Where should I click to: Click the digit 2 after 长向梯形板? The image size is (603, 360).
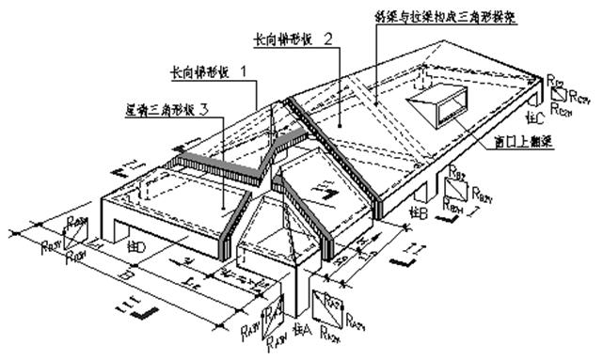coord(326,39)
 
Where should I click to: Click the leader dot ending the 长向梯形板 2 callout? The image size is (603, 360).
coord(340,123)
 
